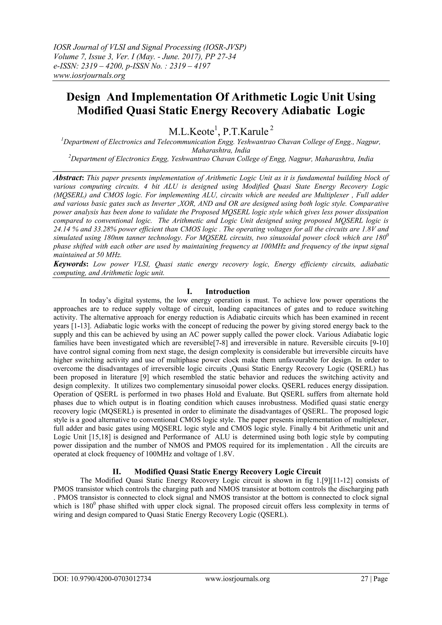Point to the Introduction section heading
pyautogui.click(x=227, y=291)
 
